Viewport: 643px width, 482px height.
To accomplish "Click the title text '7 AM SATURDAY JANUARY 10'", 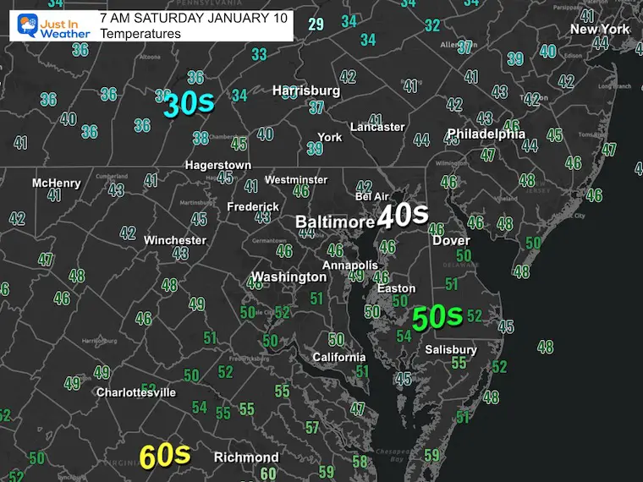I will [x=193, y=17].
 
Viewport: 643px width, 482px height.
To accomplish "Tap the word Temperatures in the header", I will [x=140, y=34].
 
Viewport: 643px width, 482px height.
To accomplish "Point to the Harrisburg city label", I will [x=305, y=90].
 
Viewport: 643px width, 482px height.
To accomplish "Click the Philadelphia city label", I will [x=486, y=134].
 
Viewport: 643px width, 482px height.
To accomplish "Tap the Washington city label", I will [x=289, y=277].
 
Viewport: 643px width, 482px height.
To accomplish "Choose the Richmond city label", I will [x=245, y=457].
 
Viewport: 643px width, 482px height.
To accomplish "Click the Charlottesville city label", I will [x=135, y=392].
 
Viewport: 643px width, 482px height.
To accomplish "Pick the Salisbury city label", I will [x=451, y=349].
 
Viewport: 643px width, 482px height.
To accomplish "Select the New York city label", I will [x=600, y=29].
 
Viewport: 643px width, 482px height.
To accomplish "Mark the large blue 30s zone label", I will [x=188, y=105].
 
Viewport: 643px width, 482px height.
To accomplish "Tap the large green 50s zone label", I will [x=436, y=317].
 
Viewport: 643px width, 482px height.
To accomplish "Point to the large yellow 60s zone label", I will [x=163, y=456].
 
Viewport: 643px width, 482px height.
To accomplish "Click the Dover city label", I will [x=451, y=240].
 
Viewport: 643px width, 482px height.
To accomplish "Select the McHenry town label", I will [x=56, y=183].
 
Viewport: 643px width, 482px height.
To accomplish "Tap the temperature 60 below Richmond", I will [x=268, y=474].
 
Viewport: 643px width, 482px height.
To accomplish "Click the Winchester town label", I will [x=174, y=240].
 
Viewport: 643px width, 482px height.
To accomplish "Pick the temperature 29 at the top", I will [x=316, y=25].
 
